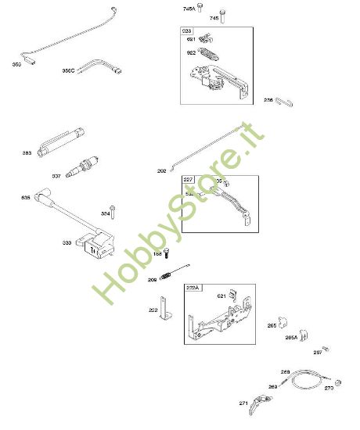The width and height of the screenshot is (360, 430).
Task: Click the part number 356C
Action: [68, 70]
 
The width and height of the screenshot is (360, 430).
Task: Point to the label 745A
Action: [189, 9]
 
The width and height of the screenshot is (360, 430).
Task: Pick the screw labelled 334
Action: [114, 210]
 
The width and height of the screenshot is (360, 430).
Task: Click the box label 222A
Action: [193, 288]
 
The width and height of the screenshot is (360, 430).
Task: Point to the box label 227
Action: [189, 180]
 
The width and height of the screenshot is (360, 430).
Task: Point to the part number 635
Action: [26, 198]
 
